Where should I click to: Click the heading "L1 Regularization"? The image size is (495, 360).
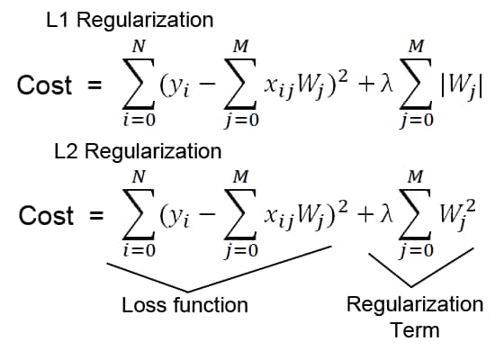[x=130, y=21]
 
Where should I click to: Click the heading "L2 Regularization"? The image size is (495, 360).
[x=138, y=151]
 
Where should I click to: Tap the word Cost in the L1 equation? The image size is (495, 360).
[x=44, y=85]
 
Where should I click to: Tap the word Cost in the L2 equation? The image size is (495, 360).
[x=47, y=216]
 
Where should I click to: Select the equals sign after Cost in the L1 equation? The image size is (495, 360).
[x=94, y=85]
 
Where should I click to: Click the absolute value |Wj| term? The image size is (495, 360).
[x=461, y=87]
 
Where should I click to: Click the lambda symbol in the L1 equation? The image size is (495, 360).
[x=387, y=84]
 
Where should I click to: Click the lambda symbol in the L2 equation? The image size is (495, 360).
[x=387, y=214]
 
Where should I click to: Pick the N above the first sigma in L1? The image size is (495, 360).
[x=139, y=47]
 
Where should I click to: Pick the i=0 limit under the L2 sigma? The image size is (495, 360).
[x=139, y=250]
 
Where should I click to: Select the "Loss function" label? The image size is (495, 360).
[x=184, y=305]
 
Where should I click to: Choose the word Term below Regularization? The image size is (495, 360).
[x=415, y=330]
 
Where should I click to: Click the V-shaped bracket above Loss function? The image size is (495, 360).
[x=187, y=291]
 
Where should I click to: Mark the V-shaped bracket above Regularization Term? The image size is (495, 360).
[x=410, y=286]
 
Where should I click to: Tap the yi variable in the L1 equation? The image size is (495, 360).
[x=175, y=87]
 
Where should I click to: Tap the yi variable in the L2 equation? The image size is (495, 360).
[x=175, y=218]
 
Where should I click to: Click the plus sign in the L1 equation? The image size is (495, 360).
[x=366, y=85]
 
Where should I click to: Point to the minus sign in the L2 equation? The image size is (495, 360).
[x=207, y=214]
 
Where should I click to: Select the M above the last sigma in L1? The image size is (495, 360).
[x=416, y=47]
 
